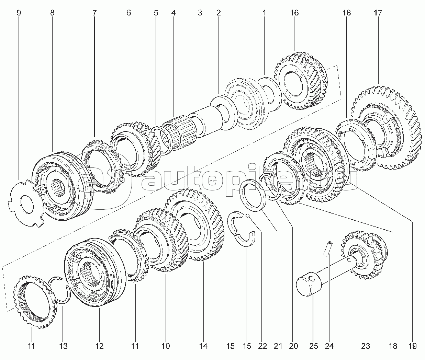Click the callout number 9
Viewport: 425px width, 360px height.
(x=19, y=13)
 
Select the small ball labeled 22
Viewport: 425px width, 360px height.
(x=248, y=215)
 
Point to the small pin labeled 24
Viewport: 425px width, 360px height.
(x=328, y=249)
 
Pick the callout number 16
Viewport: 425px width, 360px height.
(x=294, y=13)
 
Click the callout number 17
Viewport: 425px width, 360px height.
(x=378, y=13)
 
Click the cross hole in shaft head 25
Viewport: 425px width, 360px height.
(x=312, y=279)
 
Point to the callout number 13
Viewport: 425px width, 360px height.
(x=63, y=346)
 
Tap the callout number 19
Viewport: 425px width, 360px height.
(x=412, y=346)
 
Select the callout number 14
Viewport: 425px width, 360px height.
(x=203, y=346)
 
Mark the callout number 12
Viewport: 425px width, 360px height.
(x=99, y=346)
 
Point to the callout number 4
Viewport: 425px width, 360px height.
(x=173, y=13)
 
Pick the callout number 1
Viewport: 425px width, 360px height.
(x=265, y=13)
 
